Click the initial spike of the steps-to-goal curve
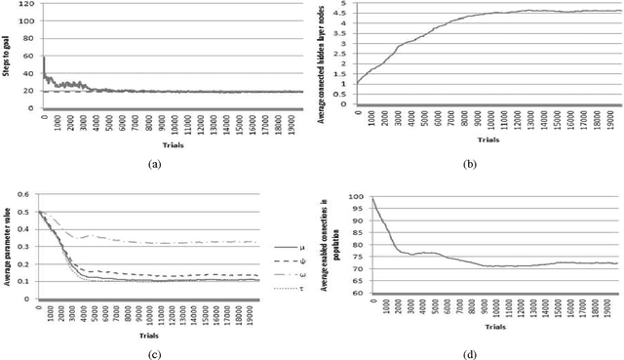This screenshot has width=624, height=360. coord(44,59)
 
